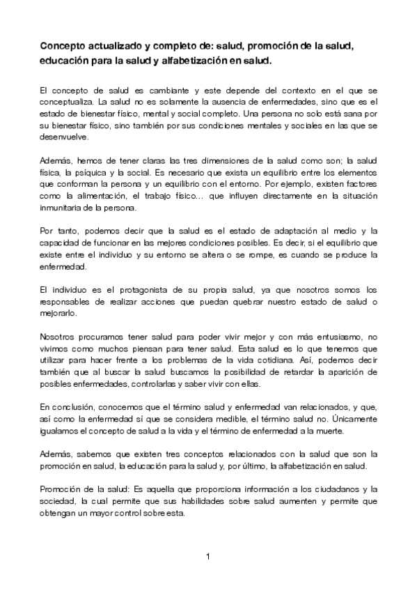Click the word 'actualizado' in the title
(113, 46)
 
